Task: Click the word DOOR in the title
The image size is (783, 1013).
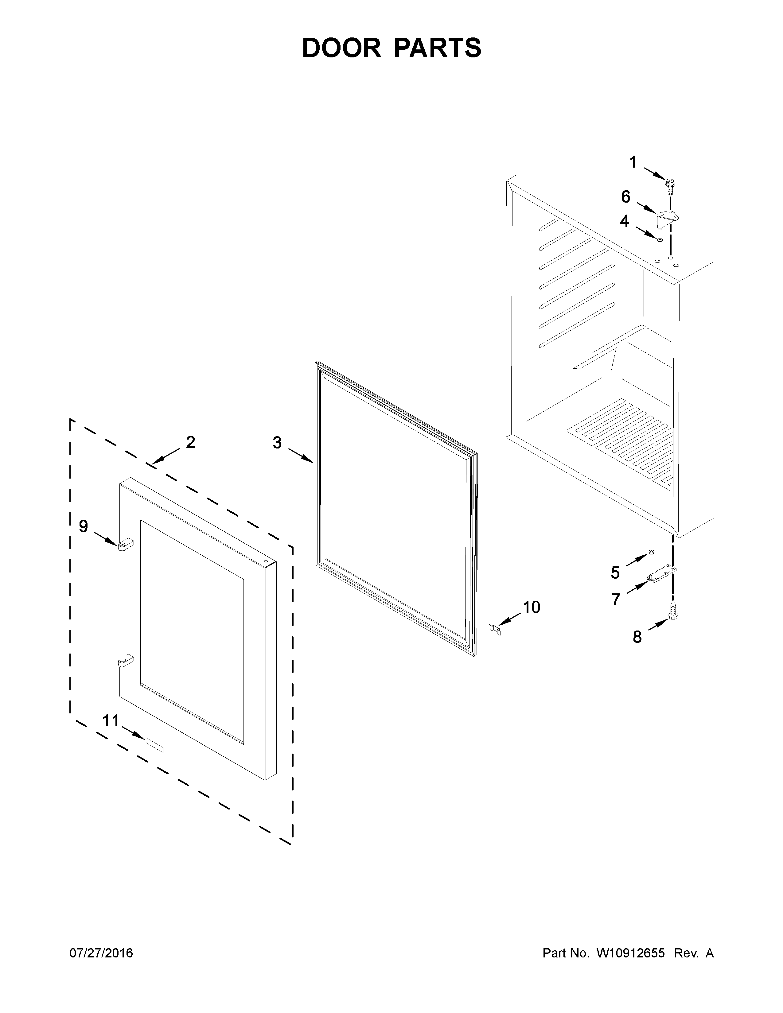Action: point(341,48)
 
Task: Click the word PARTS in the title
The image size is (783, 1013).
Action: point(438,48)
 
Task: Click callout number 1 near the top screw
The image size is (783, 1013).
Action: point(633,162)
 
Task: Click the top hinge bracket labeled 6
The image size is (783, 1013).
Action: point(667,217)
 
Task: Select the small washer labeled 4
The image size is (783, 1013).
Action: point(659,239)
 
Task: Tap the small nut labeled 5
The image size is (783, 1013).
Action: point(651,552)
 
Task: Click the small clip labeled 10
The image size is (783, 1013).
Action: point(495,629)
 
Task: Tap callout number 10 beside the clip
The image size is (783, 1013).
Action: point(532,607)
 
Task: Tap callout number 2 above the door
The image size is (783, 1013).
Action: point(190,442)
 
